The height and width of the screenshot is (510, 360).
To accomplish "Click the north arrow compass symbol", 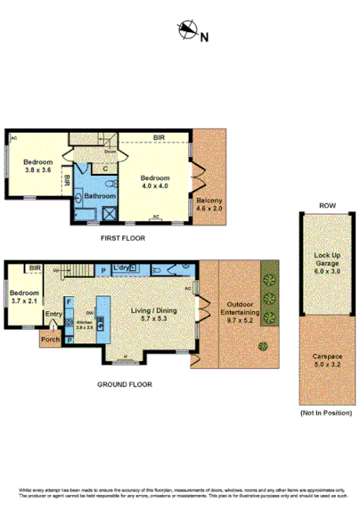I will (x=187, y=32).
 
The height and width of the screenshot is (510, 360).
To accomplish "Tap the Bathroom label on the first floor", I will (x=99, y=195).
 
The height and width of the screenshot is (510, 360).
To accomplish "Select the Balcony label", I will (x=209, y=200).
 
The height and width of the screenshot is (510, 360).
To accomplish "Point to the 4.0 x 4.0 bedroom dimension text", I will (x=156, y=185).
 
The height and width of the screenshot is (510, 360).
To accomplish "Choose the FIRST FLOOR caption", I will (x=123, y=238).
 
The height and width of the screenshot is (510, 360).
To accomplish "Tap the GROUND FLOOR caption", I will (x=125, y=385).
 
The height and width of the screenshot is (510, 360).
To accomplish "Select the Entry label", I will (x=53, y=313).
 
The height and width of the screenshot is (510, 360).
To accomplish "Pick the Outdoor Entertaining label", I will (x=231, y=309).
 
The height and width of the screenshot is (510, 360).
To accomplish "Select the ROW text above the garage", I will (x=327, y=206).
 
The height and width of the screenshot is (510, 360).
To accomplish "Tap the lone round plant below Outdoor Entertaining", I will (x=262, y=345).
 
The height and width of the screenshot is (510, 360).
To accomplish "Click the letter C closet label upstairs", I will (x=105, y=168).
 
